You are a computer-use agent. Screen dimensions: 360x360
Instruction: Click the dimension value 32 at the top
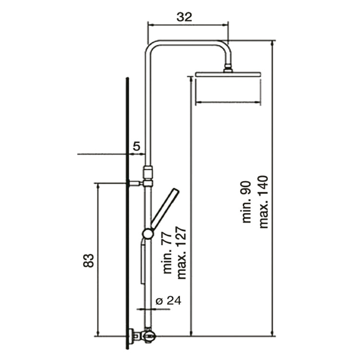[x=184, y=17]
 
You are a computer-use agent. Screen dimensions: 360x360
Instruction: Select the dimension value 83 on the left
[x=87, y=260]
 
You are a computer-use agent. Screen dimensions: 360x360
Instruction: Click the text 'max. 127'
[x=181, y=252]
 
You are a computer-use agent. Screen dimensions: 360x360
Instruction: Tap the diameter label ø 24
[x=168, y=300]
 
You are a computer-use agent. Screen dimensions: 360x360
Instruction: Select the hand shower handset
[x=164, y=207]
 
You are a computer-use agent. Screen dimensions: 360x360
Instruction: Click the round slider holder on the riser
[x=148, y=234]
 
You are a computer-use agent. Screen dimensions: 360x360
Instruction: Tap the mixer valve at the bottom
[x=148, y=336]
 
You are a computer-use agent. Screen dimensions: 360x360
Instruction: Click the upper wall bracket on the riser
[x=137, y=183]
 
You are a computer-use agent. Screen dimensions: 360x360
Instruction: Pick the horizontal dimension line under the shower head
[x=228, y=102]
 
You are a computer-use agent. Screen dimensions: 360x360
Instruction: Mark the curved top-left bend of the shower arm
[x=152, y=46]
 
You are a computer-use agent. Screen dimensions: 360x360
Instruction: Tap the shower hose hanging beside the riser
[x=142, y=264]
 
